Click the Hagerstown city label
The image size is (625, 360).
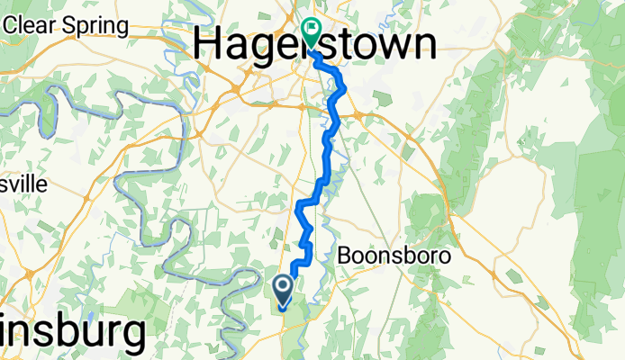(316, 43)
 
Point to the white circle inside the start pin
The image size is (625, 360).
(283, 287)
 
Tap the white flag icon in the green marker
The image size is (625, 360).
(312, 28)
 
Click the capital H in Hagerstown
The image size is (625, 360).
(210, 43)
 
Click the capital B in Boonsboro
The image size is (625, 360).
(345, 256)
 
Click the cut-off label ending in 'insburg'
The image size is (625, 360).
(72, 333)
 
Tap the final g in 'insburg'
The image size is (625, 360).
(131, 337)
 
